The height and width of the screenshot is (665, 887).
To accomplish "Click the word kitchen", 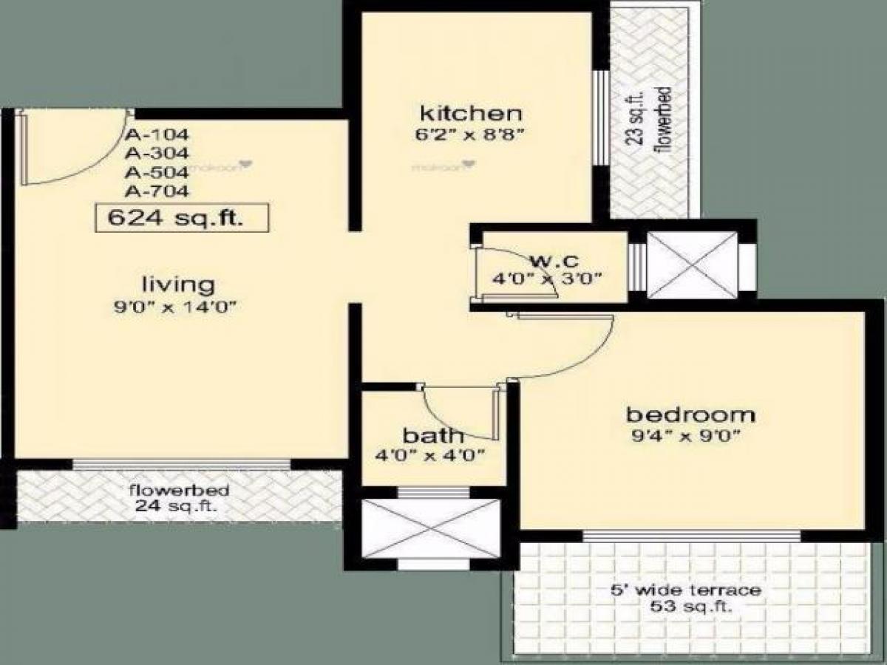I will pyautogui.click(x=471, y=114).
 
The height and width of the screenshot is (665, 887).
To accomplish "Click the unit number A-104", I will pyautogui.click(x=157, y=135).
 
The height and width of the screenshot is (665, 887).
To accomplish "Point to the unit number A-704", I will pyautogui.click(x=157, y=191).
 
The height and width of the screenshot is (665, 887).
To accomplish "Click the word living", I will pyautogui.click(x=178, y=284).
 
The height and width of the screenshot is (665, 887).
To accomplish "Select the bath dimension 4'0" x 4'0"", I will pyautogui.click(x=430, y=455).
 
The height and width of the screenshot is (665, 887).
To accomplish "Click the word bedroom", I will pyautogui.click(x=690, y=414).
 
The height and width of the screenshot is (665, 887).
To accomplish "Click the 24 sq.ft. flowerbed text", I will pyautogui.click(x=178, y=507).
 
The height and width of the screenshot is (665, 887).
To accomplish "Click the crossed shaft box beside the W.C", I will pyautogui.click(x=692, y=265).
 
